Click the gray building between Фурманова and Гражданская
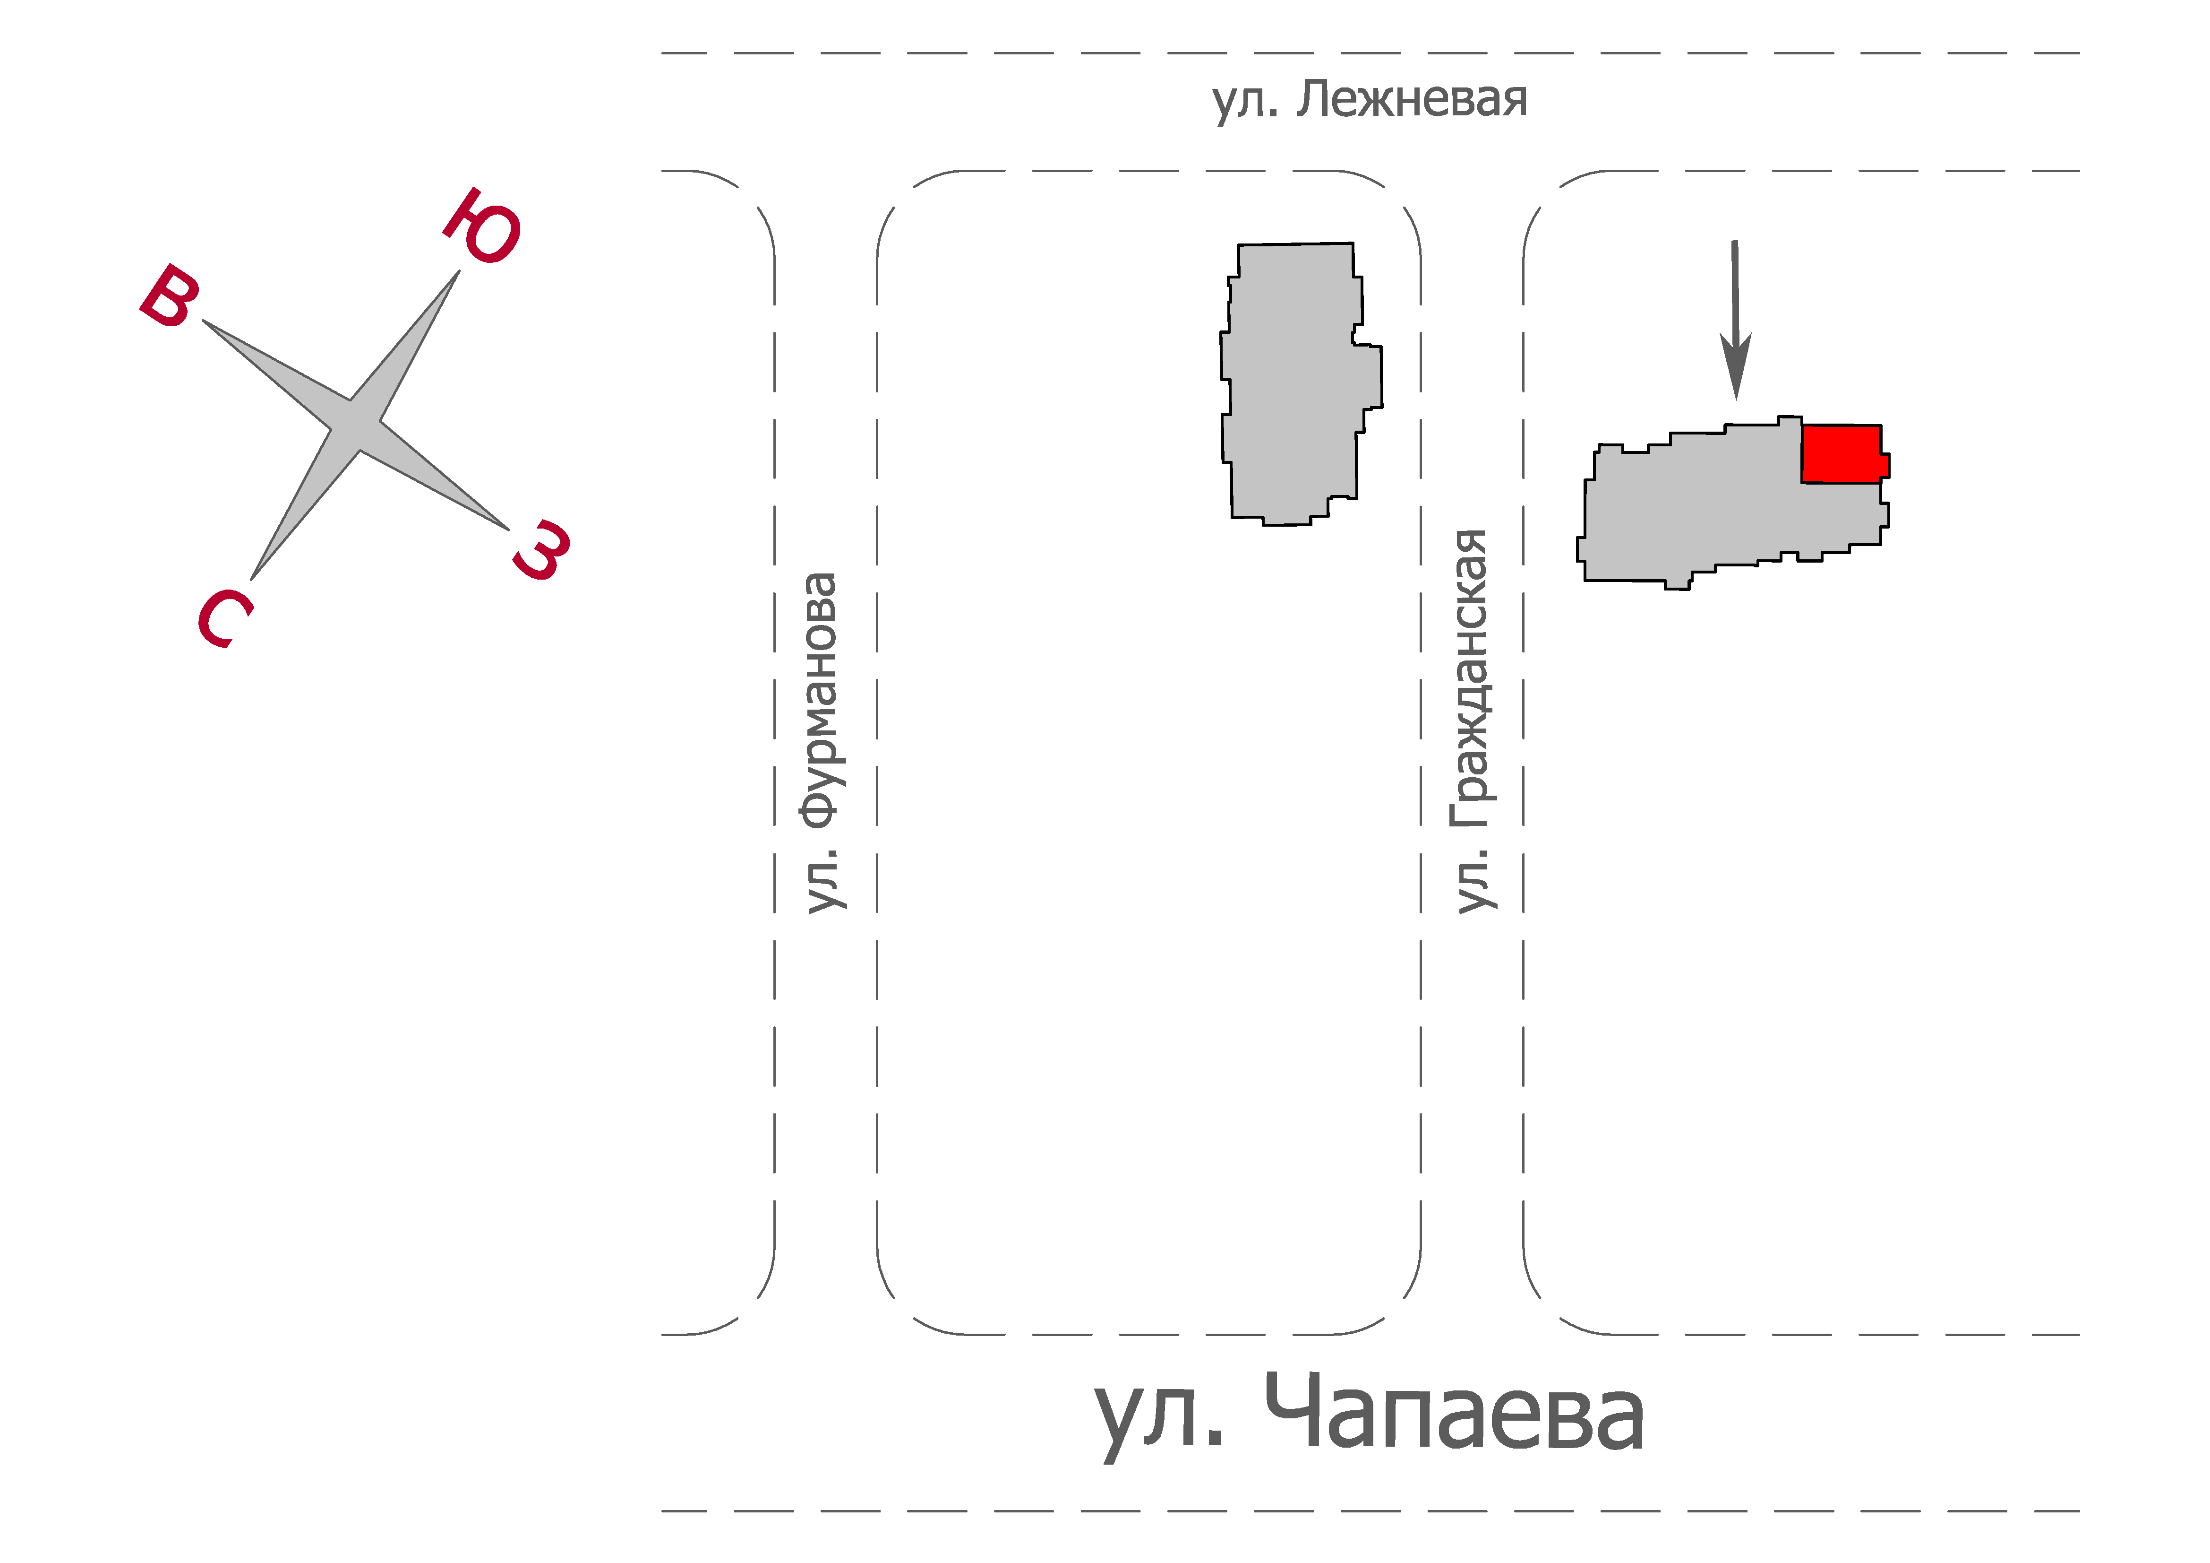click(1300, 383)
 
